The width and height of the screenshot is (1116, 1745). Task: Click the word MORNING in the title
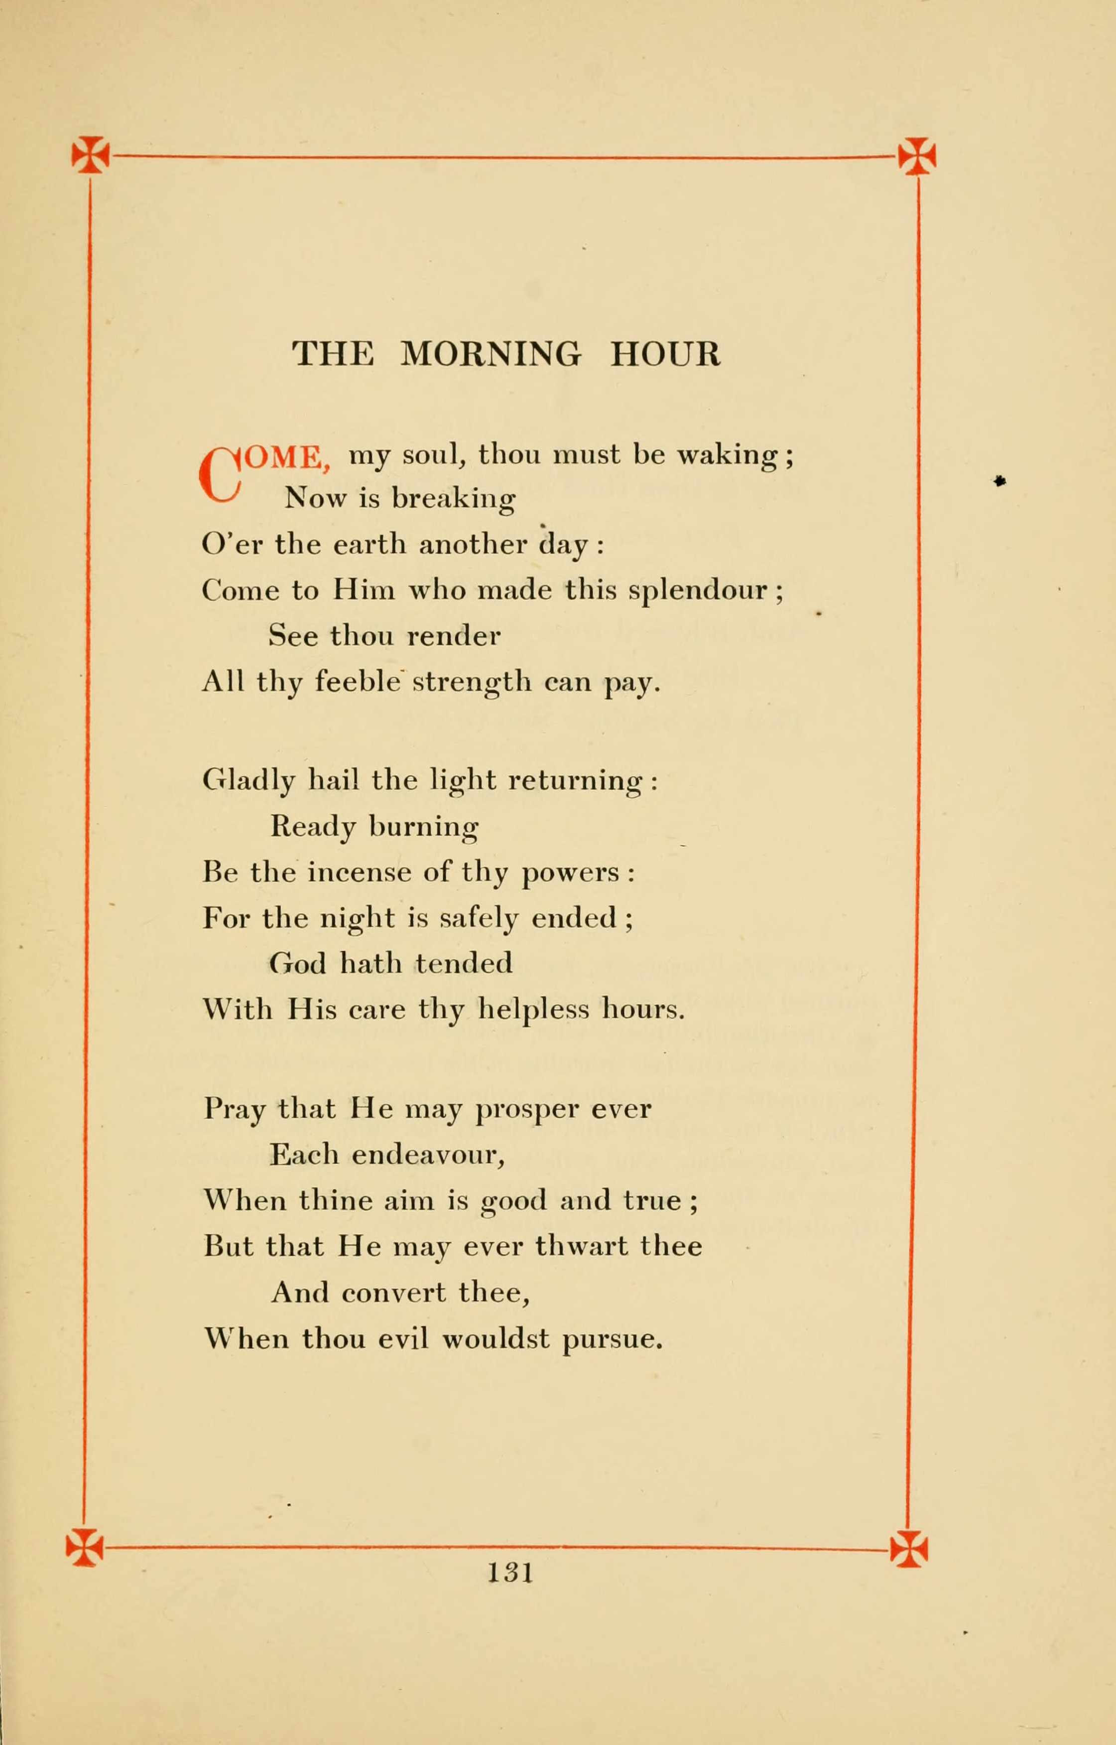click(491, 354)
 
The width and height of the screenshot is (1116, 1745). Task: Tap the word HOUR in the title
click(665, 354)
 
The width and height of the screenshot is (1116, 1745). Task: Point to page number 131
click(510, 1573)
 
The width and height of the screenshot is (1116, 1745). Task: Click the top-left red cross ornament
click(91, 155)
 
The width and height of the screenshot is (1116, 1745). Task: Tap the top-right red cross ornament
click(917, 156)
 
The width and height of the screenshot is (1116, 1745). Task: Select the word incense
click(359, 872)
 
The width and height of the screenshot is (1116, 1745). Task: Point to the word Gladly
click(248, 781)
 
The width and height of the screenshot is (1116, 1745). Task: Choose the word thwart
click(581, 1246)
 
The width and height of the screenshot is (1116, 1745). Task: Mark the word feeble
click(357, 682)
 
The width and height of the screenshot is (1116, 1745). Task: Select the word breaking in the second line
click(454, 499)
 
